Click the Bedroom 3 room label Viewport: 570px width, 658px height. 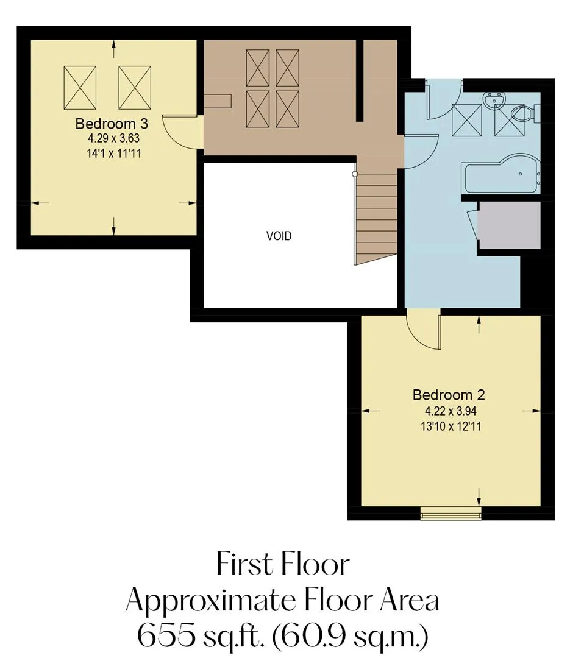[x=112, y=123]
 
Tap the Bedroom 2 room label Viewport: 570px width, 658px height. [x=449, y=395]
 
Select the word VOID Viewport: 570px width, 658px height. [x=279, y=236]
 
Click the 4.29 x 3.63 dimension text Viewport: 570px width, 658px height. [x=113, y=138]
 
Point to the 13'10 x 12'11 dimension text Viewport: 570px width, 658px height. [x=451, y=426]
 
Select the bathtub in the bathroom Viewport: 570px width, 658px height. [x=501, y=175]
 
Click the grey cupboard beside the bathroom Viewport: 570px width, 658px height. [x=509, y=225]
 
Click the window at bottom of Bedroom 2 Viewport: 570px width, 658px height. [x=451, y=513]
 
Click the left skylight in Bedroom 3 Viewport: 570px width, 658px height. [x=80, y=88]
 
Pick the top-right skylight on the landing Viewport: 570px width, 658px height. [x=287, y=68]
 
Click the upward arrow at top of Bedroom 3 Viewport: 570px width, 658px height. [x=113, y=49]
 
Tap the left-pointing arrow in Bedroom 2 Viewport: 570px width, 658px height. [x=370, y=411]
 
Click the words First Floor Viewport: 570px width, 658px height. [x=283, y=564]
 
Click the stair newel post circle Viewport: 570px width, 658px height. [x=355, y=174]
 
